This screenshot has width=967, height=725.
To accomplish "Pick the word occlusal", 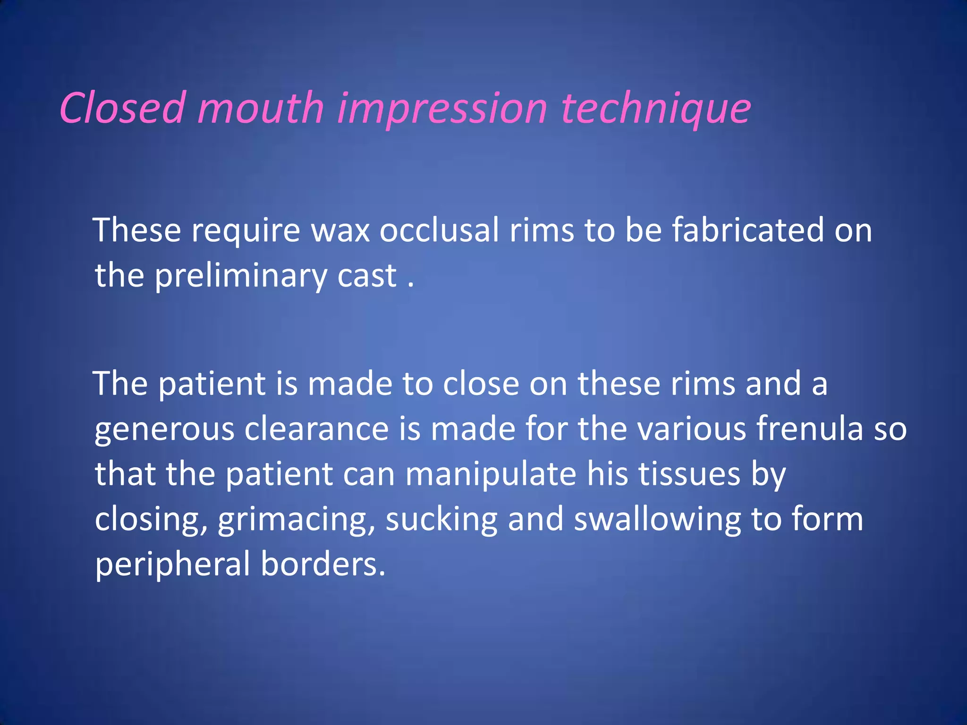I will [439, 230].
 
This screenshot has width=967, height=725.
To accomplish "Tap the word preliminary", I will [240, 277].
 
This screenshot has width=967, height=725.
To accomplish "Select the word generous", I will [164, 430].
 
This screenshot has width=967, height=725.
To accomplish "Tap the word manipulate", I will [491, 475].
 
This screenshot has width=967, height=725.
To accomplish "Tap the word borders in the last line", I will [323, 564].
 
